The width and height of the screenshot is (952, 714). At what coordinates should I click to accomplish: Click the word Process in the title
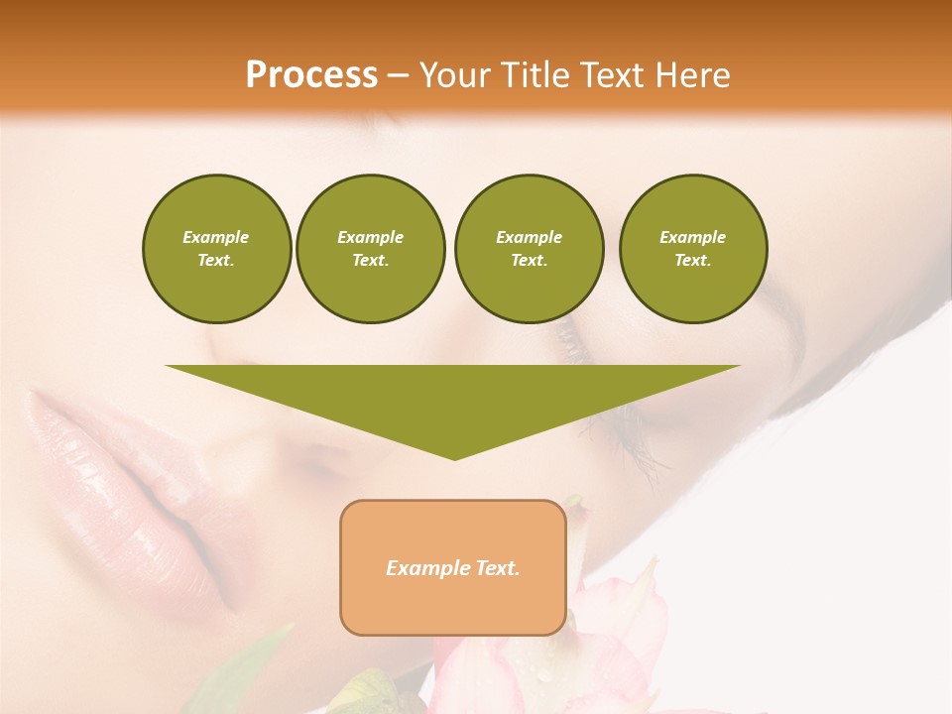point(311,75)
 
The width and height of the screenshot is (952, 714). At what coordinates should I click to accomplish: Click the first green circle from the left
point(216,249)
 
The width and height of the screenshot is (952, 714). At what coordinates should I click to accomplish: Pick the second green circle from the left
point(371,249)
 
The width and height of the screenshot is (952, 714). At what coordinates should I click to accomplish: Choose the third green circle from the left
point(529,249)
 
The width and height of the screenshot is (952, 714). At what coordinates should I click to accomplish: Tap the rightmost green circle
point(693,249)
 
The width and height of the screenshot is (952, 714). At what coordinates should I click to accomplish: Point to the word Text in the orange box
point(497,568)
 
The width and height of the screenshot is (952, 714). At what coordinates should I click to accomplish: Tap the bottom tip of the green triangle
point(454,457)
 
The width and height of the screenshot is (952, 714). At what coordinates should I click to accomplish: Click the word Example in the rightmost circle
point(692,237)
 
